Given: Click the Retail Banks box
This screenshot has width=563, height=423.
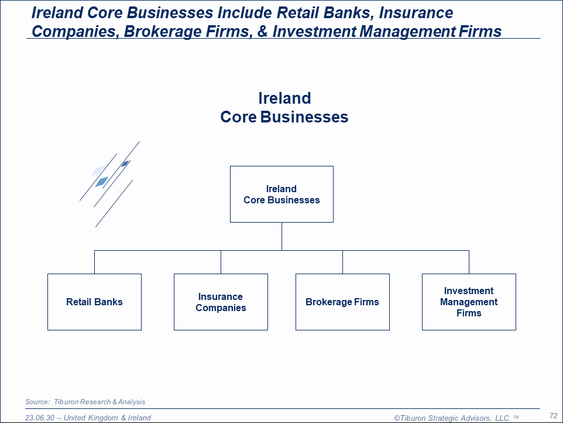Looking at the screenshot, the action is coord(94,302).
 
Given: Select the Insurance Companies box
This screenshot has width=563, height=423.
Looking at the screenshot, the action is coord(221,302).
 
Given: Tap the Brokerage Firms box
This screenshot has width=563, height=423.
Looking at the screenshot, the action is coord(342,302).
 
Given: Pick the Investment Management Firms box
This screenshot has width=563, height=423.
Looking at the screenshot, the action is coord(469,302).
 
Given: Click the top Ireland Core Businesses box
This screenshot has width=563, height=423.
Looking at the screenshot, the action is coord(282,194).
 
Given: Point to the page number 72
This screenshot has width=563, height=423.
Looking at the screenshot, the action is coord(553,416).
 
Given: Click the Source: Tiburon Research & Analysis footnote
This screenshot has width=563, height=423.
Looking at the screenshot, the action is coord(85,402).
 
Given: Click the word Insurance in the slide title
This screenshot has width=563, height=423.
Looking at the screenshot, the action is coord(416,13).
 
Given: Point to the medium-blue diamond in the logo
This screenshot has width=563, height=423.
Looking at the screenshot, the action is coord(102,182).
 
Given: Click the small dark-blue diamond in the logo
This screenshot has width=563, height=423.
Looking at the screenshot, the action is coord(125,164).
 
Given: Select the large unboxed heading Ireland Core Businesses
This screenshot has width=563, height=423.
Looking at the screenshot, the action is coord(284,107).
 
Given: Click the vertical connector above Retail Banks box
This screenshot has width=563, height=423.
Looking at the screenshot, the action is coord(94,262).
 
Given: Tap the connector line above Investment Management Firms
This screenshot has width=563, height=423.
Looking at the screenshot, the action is coord(469,262).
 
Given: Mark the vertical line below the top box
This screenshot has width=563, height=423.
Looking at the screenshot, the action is coord(282,236).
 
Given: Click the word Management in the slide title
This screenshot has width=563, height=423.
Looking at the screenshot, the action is coord(407,32).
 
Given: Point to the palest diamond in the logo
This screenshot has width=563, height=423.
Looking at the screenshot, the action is coord(98,170).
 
